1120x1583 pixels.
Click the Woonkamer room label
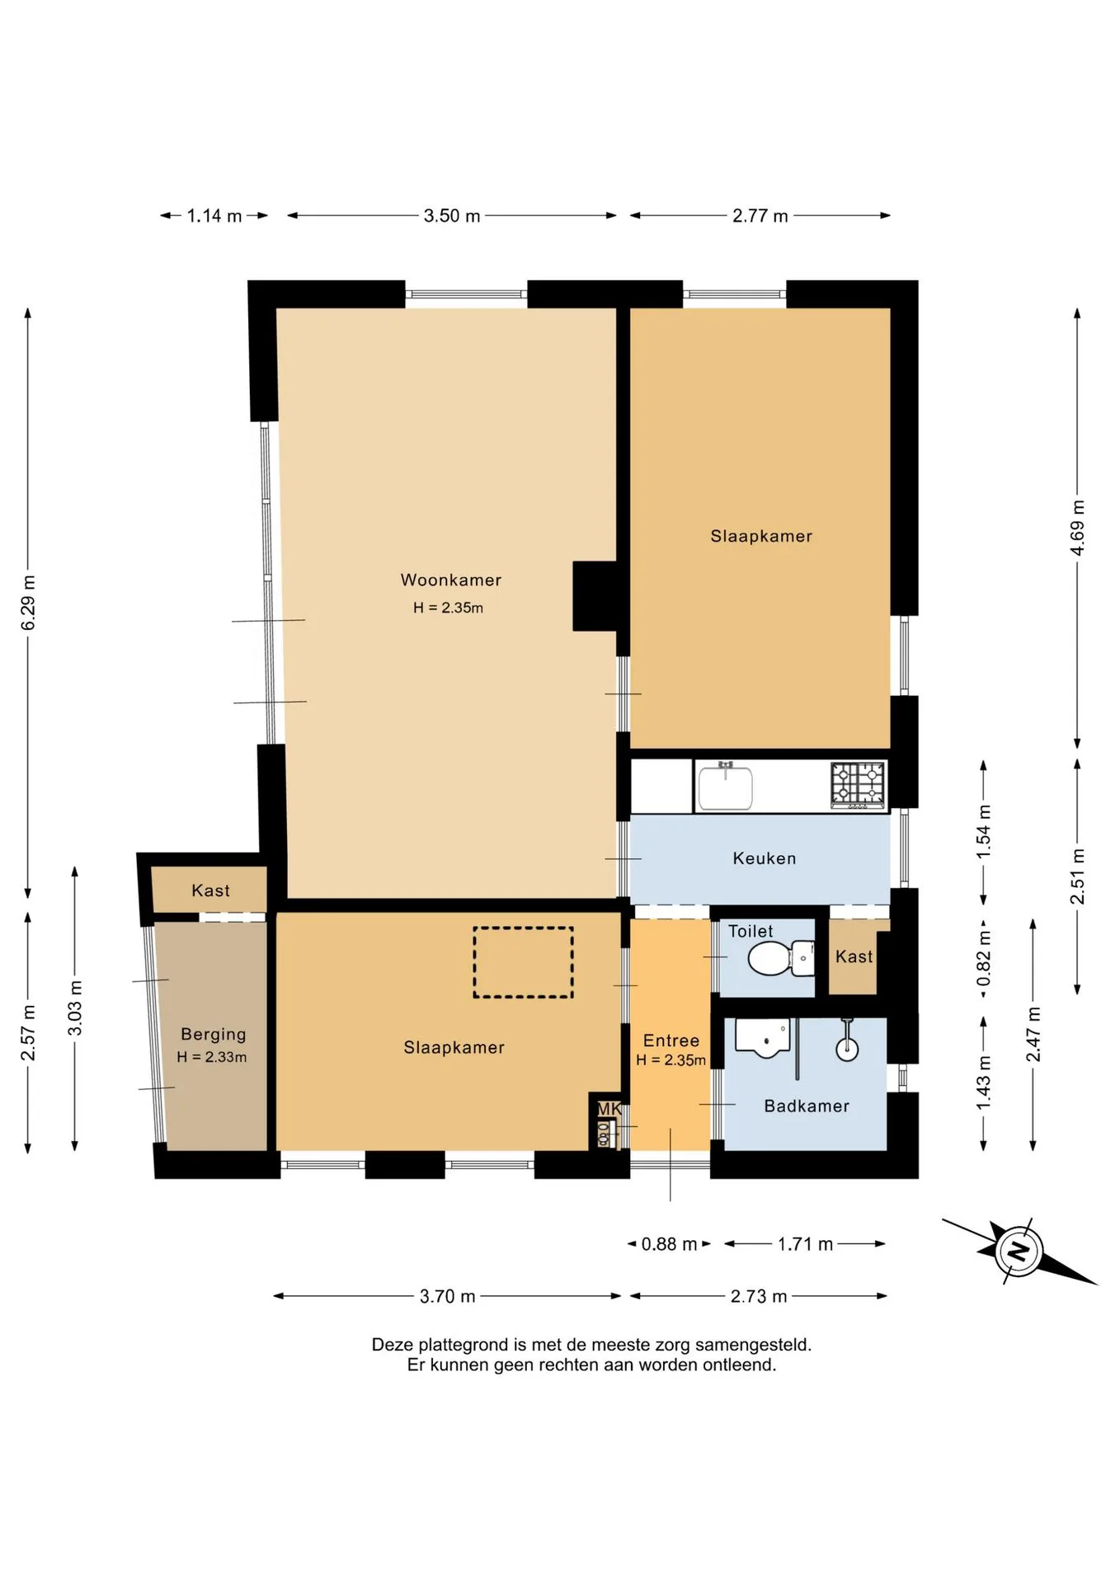pyautogui.click(x=451, y=580)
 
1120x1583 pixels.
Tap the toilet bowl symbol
pyautogui.click(x=780, y=958)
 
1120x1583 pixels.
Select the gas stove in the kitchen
pyautogui.click(x=859, y=785)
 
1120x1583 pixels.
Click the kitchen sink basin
pyautogui.click(x=726, y=788)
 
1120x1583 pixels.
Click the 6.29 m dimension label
pyautogui.click(x=28, y=603)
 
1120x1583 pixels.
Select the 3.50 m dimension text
pyautogui.click(x=452, y=216)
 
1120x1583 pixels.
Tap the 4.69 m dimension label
pyautogui.click(x=1077, y=527)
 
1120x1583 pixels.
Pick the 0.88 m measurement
pyautogui.click(x=669, y=1244)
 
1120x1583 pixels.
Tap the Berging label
pyautogui.click(x=214, y=1034)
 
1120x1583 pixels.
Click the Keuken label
pyautogui.click(x=765, y=858)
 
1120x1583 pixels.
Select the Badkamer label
pyautogui.click(x=807, y=1106)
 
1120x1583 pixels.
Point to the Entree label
pyautogui.click(x=671, y=1040)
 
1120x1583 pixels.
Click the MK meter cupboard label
pyautogui.click(x=609, y=1109)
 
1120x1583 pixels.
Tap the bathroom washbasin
pyautogui.click(x=763, y=1038)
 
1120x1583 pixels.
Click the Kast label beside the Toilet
pyautogui.click(x=854, y=956)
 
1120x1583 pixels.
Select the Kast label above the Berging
pyautogui.click(x=210, y=890)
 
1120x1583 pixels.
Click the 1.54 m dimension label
pyautogui.click(x=983, y=832)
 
